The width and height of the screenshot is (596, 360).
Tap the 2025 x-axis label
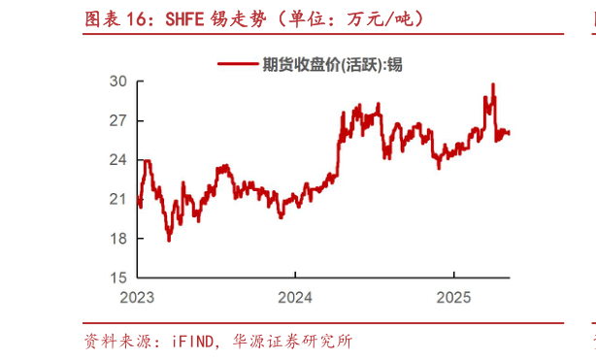[451, 295]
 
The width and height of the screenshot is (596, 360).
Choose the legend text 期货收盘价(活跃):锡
[331, 64]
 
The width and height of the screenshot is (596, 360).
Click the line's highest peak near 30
[493, 84]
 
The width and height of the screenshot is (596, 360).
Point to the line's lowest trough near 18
[169, 239]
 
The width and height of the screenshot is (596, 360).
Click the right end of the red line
[510, 133]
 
